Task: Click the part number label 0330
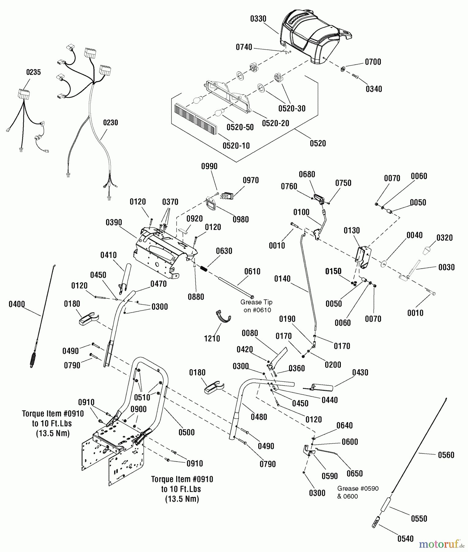(x=258, y=19)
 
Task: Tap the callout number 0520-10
(x=236, y=145)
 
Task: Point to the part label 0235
(x=33, y=72)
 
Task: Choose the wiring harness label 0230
(x=110, y=123)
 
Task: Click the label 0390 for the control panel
(x=114, y=222)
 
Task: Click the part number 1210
(x=212, y=339)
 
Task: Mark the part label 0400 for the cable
(x=17, y=304)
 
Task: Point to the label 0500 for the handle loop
(x=186, y=432)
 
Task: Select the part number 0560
(x=446, y=455)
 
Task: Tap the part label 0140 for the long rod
(x=282, y=278)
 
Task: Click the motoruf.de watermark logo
(x=442, y=544)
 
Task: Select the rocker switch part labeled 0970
(x=228, y=195)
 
